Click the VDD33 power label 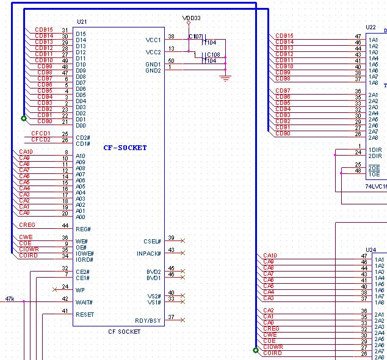[192, 18]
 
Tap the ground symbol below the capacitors [226, 77]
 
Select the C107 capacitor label [195, 37]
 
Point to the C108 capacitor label [213, 54]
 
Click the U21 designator [82, 22]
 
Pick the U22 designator [371, 27]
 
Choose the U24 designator [371, 250]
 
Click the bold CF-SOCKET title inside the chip [125, 148]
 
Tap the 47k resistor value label [10, 298]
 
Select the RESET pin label [85, 314]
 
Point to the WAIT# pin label [84, 302]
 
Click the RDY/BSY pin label [148, 320]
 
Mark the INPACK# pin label [148, 253]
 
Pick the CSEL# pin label [152, 241]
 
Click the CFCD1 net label [40, 133]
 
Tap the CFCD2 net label [40, 140]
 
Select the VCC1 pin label [153, 40]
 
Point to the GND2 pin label [153, 71]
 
